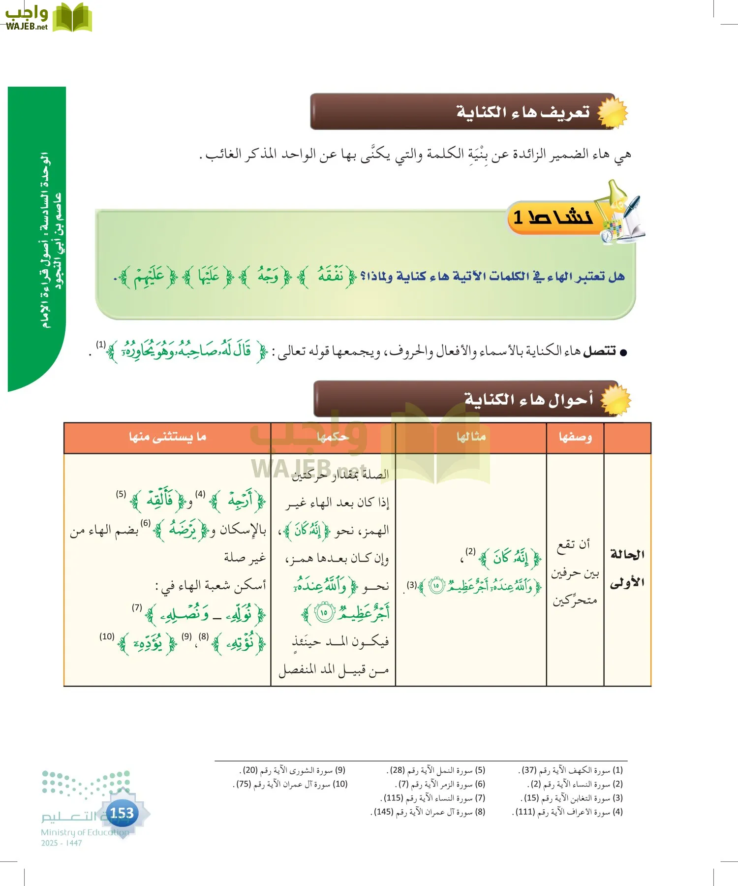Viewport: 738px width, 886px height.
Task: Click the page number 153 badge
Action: [x=122, y=813]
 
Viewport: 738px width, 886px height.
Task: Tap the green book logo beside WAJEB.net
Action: [x=72, y=18]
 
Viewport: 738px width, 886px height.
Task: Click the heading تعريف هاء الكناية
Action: [x=523, y=112]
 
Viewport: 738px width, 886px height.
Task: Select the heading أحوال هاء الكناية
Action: [x=528, y=399]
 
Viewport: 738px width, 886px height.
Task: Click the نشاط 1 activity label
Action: [x=553, y=217]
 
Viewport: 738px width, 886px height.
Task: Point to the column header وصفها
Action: [x=575, y=437]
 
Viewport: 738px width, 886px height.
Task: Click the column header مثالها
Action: [x=471, y=437]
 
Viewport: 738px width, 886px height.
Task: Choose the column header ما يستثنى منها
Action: [x=167, y=437]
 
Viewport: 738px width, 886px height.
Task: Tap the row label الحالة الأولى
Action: [x=627, y=569]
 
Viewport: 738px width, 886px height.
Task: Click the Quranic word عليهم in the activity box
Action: [x=150, y=277]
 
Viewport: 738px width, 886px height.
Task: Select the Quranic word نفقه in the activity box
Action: [x=331, y=276]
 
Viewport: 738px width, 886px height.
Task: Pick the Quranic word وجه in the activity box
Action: [x=268, y=276]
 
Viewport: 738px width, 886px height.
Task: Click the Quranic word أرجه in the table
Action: [x=241, y=501]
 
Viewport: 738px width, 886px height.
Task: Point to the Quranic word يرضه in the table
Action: [x=183, y=529]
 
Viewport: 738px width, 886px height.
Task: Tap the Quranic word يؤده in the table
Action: [x=148, y=643]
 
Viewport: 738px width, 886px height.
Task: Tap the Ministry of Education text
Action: [x=85, y=832]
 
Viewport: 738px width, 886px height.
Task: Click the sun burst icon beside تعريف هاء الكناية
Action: [x=613, y=113]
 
